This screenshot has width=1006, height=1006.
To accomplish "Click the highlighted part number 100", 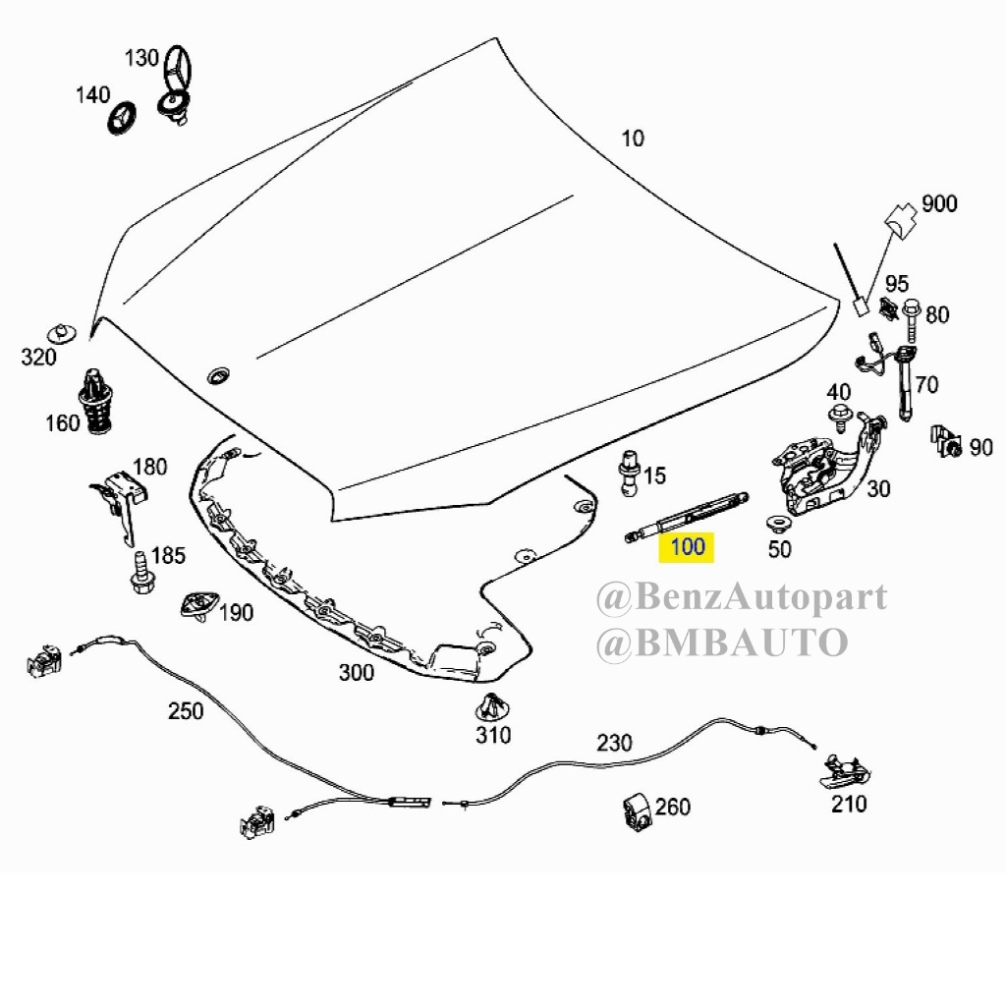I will [687, 545].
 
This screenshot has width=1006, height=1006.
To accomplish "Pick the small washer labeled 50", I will [775, 522].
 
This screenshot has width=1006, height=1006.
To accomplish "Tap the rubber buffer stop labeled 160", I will [95, 402].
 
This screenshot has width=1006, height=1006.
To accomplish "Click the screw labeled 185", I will [140, 573].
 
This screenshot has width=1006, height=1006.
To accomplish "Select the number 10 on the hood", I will [633, 139].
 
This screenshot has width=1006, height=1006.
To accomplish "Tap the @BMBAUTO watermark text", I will [721, 643].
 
